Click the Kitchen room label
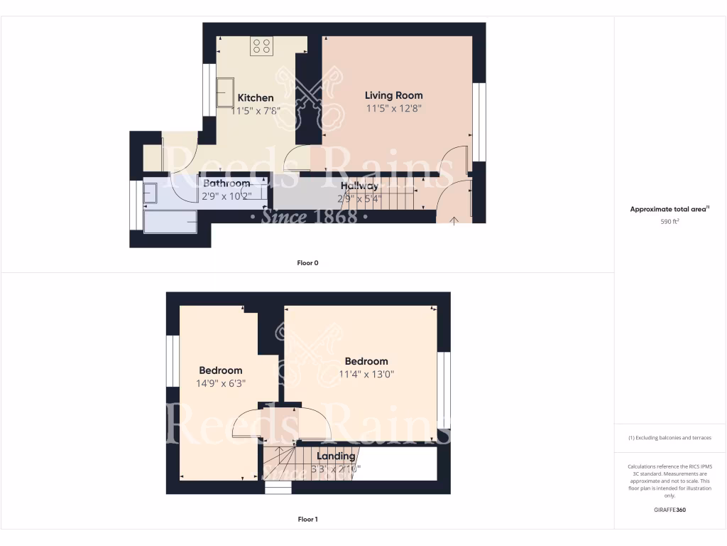click(255, 98)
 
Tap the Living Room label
click(393, 95)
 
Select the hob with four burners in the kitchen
click(261, 46)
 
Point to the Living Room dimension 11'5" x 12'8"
click(393, 109)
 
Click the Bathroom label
click(226, 183)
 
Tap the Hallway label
click(359, 186)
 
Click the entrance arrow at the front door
click(454, 219)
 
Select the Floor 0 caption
click(307, 263)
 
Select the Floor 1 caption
click(307, 520)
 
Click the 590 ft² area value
click(669, 222)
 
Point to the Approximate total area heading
click(669, 209)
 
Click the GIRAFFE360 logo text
click(669, 510)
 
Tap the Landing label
click(336, 456)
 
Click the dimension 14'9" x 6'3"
click(220, 383)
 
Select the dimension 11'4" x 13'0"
click(366, 374)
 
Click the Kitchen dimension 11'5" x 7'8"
click(256, 111)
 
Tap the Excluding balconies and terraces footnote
click(669, 438)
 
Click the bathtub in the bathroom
click(170, 221)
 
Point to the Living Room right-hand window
click(479, 122)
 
